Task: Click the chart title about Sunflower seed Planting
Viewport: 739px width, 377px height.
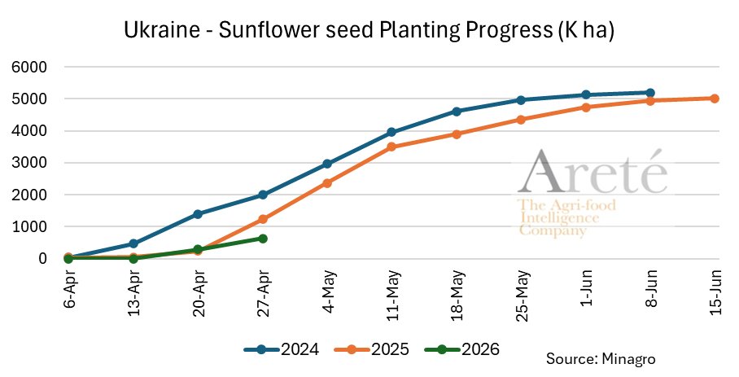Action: (369, 31)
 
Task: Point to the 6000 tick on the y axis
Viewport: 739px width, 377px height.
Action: (29, 68)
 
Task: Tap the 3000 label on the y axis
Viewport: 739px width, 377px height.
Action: (29, 163)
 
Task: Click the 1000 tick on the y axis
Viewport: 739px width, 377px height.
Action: (29, 227)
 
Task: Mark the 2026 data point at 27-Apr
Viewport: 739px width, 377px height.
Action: (263, 239)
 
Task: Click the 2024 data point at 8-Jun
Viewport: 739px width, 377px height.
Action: (650, 93)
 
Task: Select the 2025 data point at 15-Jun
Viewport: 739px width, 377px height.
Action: (715, 99)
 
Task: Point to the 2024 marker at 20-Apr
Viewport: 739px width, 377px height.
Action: (198, 214)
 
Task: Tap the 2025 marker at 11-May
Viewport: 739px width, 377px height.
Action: (391, 147)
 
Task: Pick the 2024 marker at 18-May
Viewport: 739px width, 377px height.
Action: (457, 112)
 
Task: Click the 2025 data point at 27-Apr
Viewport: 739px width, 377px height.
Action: (263, 219)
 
